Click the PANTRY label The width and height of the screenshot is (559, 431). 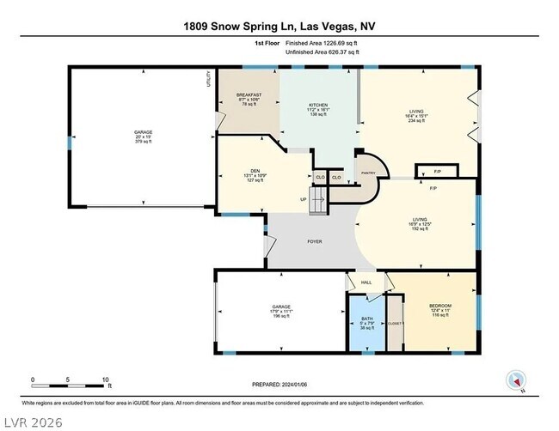pos(368,172)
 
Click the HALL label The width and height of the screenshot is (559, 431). pos(365,282)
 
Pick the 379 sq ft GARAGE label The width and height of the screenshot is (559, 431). pos(143,137)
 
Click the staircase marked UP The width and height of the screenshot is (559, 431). pos(319,203)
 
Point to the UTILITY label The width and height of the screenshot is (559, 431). pos(208,80)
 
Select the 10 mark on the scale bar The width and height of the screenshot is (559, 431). pos(105,379)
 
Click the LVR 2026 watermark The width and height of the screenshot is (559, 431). pos(39,421)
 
